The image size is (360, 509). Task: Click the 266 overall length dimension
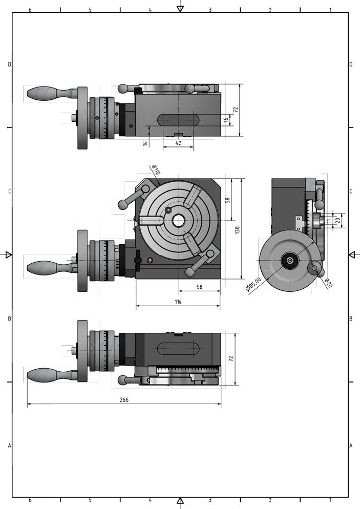pos(124,400)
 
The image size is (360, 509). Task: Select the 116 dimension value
pos(178,302)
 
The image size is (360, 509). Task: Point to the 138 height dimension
pos(237,230)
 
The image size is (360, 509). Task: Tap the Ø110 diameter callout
pos(156,169)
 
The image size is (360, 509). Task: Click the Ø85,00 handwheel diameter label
pos(253,284)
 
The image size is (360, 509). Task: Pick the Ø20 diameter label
pos(328,283)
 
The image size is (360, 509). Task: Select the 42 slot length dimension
pos(178,143)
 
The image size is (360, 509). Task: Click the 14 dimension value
pos(145,143)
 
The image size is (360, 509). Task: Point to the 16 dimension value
pos(226,120)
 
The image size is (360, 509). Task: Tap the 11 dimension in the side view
pos(329,221)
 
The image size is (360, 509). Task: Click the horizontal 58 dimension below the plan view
pos(199,287)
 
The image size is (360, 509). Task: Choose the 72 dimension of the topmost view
pos(235,110)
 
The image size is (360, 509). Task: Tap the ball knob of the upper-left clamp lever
pos(123,205)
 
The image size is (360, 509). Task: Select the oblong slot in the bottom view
pos(178,348)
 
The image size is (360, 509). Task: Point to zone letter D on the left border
pos(10,64)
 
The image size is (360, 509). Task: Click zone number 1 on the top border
pos(330,10)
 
